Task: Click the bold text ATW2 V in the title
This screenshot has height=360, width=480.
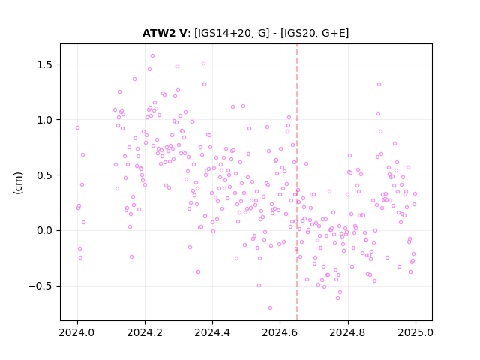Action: click(165, 33)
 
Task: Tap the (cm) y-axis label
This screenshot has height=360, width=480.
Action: click(18, 183)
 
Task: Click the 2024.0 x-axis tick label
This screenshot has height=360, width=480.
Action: click(76, 332)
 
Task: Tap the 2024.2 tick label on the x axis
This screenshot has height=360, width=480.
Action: click(145, 332)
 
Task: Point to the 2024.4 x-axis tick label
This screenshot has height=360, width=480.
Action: click(212, 332)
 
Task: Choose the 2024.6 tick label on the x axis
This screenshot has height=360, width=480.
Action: click(280, 332)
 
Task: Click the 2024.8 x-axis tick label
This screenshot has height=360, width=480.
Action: click(347, 332)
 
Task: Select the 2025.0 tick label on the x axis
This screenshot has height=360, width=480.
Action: click(415, 332)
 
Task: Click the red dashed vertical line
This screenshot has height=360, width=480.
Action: click(297, 182)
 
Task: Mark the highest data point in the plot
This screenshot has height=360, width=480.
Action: click(152, 56)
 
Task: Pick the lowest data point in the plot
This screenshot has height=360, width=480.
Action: click(270, 308)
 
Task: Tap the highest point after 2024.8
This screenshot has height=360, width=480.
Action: click(379, 85)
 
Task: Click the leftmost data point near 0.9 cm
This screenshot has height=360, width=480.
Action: click(77, 128)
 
